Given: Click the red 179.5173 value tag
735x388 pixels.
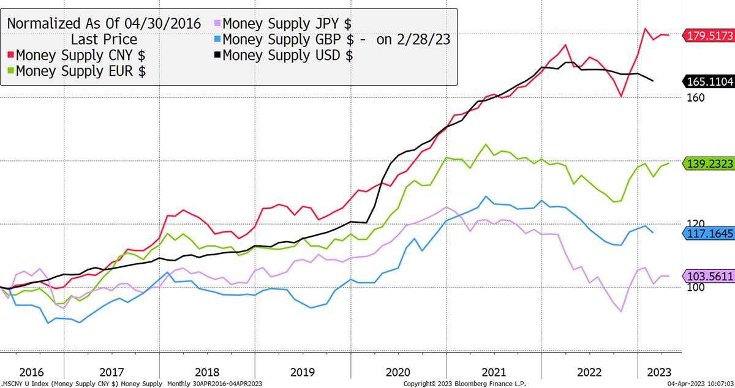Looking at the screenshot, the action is point(709,35).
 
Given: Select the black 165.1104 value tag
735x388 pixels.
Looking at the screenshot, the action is point(709,81).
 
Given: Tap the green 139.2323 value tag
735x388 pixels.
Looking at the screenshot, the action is point(709,163).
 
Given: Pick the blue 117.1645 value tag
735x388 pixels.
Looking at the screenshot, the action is point(709,234).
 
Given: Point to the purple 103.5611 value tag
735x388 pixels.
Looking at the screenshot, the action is point(709,276).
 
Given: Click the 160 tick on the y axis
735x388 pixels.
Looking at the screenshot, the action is point(696,97).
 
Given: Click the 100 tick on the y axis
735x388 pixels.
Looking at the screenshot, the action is point(696,287).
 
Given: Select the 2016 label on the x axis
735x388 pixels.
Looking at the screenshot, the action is point(31,372).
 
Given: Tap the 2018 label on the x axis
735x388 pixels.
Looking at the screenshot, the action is point(207,372).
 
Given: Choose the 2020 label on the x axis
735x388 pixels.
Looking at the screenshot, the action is point(398,372).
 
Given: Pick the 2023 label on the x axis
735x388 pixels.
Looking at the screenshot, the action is point(659,372).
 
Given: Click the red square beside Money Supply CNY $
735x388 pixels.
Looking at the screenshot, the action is point(11,54).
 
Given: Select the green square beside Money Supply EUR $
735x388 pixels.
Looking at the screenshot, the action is point(11,70).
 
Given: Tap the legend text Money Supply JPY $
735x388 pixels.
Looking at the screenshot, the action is point(287,24).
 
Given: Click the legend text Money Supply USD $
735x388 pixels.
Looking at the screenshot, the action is point(288,55).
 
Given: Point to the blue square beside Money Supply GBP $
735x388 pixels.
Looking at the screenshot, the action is point(217,39).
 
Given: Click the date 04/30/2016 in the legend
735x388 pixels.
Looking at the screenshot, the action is point(162,24).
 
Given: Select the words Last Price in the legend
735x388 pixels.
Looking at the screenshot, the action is point(104,39).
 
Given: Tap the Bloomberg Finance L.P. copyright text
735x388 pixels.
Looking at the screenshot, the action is point(465,384).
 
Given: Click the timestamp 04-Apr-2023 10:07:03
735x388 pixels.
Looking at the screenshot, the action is point(700,384).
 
